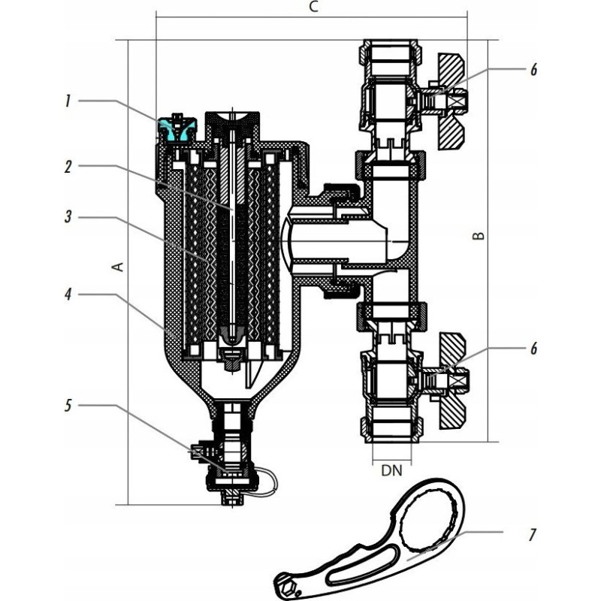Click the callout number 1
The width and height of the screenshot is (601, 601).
(x=67, y=101)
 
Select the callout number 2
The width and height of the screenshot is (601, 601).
(x=67, y=167)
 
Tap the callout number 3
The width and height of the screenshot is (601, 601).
(x=67, y=218)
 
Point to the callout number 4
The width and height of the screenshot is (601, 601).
(x=67, y=295)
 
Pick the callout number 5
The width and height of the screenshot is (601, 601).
(x=68, y=406)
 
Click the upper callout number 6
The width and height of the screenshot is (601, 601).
(x=533, y=69)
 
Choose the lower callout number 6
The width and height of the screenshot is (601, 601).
(x=533, y=349)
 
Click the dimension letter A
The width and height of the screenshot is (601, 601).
(x=116, y=267)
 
